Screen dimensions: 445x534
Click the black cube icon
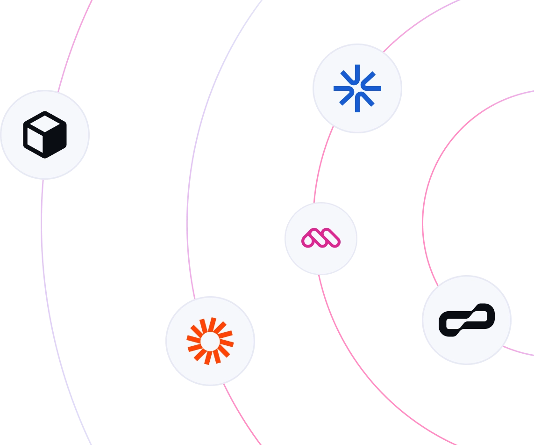point(45,135)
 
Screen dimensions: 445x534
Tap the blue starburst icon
point(357,88)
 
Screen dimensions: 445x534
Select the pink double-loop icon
point(321,238)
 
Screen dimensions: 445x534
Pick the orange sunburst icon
point(210,341)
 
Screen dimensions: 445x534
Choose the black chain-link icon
point(467,320)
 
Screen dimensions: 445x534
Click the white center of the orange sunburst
point(210,341)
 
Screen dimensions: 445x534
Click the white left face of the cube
point(34,139)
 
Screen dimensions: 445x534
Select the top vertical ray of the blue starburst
point(357,72)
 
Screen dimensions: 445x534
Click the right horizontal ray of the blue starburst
point(373,88)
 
